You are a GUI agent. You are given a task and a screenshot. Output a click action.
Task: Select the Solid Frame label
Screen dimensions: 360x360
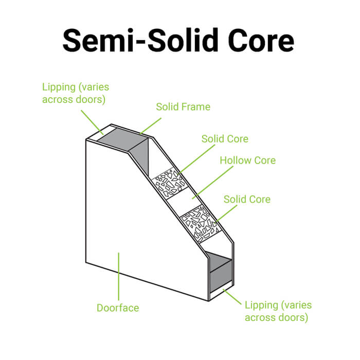183,107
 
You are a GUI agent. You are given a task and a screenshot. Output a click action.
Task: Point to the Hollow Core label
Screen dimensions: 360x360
247,160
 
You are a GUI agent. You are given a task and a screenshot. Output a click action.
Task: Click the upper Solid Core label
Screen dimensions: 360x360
225,139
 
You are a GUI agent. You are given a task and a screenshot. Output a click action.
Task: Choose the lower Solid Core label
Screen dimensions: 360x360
247,199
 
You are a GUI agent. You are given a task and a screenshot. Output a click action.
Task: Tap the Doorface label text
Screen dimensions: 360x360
118,308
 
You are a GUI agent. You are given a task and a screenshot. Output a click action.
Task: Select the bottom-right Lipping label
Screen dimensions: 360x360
278,311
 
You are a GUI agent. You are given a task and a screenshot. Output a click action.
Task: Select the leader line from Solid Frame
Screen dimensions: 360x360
148,125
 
